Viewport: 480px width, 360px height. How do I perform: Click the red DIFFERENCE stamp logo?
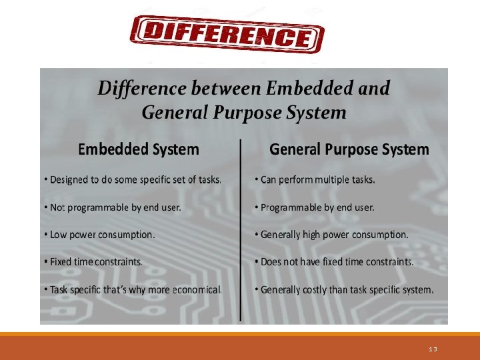tap(227, 34)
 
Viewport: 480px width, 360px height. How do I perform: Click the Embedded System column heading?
tap(139, 149)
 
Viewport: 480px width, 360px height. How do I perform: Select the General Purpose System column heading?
tap(349, 149)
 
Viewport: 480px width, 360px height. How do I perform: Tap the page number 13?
tap(433, 349)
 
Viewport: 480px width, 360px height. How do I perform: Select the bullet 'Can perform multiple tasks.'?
tap(317, 179)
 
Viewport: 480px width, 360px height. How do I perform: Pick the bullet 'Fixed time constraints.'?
tap(96, 262)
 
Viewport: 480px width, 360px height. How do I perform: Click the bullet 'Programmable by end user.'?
tap(317, 207)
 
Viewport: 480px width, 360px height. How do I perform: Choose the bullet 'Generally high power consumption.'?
tap(334, 235)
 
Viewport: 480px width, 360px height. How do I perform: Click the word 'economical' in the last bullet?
tap(197, 290)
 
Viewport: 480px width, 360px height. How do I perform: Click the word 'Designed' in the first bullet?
tap(69, 179)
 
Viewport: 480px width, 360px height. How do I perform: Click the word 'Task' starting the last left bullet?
tap(60, 290)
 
